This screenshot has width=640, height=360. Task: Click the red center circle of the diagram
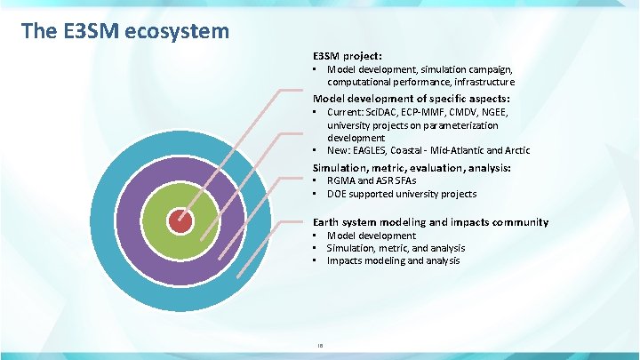180,220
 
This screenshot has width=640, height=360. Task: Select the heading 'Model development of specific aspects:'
412,98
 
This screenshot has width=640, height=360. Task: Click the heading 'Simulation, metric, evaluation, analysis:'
412,167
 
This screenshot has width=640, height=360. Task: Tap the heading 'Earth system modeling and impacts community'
430,221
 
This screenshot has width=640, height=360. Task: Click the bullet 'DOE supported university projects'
401,194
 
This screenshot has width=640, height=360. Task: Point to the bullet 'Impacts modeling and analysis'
393,261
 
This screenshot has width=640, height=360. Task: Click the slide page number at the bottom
320,343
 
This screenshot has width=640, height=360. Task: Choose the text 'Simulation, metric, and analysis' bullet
396,249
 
